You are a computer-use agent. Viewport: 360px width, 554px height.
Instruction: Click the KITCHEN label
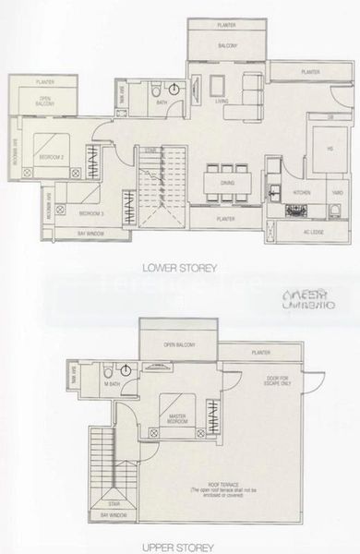302,192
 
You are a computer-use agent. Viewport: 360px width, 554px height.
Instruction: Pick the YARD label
337,192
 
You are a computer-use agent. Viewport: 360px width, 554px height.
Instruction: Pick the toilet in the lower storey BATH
157,90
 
